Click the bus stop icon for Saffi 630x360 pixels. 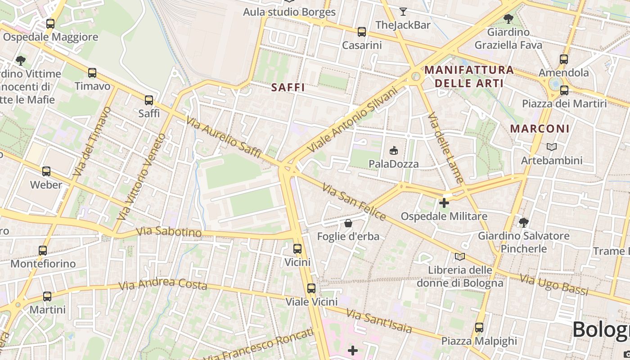pyautogui.click(x=149, y=100)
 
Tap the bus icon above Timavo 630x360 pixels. pyautogui.click(x=92, y=73)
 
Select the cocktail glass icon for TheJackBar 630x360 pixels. pyautogui.click(x=403, y=12)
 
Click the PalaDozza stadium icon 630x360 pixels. pyautogui.click(x=394, y=150)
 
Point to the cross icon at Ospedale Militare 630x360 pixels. pyautogui.click(x=444, y=203)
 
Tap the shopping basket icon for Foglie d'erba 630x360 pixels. pyautogui.click(x=348, y=223)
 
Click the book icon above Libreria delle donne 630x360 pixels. pyautogui.click(x=459, y=257)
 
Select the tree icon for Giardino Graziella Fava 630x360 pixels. pyautogui.click(x=508, y=19)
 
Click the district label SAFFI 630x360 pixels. pyautogui.click(x=288, y=88)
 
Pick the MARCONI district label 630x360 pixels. pyautogui.click(x=540, y=129)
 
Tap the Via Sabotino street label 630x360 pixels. pyautogui.click(x=168, y=232)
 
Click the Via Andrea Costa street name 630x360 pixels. pyautogui.click(x=162, y=284)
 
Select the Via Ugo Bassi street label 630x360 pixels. pyautogui.click(x=554, y=285)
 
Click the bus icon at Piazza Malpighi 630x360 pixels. pyautogui.click(x=479, y=328)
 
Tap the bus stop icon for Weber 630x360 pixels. pyautogui.click(x=46, y=171)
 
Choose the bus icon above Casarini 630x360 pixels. pyautogui.click(x=362, y=32)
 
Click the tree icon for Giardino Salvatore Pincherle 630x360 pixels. pyautogui.click(x=523, y=222)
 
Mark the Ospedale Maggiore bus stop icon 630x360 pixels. pyautogui.click(x=50, y=24)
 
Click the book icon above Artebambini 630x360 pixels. pyautogui.click(x=551, y=147)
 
